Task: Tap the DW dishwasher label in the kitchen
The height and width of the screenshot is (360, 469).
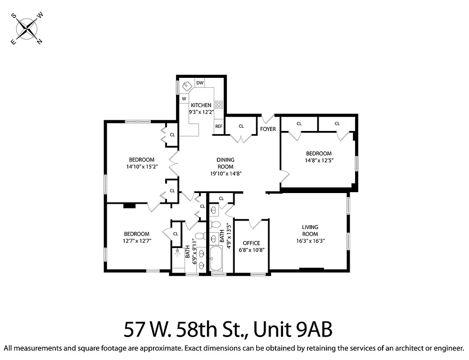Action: [200, 83]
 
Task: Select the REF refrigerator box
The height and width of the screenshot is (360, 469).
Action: [219, 126]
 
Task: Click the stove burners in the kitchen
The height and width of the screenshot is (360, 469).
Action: [219, 104]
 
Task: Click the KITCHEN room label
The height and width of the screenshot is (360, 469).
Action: [201, 105]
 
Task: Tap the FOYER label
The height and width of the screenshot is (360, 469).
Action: [268, 129]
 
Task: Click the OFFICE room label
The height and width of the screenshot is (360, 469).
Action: [251, 243]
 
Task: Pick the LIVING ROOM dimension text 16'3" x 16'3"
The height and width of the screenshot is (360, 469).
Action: [310, 241]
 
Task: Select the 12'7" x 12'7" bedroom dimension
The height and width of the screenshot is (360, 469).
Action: [136, 241]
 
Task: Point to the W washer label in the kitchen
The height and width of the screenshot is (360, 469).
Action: [184, 99]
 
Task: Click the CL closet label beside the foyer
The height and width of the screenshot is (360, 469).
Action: [241, 126]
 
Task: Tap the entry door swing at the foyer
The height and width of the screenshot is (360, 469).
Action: [268, 119]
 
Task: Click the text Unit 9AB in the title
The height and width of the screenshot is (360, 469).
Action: [293, 330]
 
